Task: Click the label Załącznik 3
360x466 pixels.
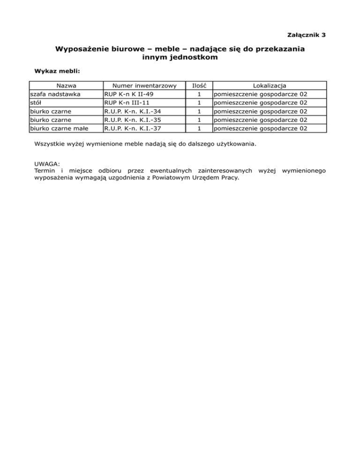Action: point(306,35)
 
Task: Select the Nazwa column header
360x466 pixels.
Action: point(66,86)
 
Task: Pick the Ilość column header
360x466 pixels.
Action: point(199,86)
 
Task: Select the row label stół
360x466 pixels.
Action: point(36,103)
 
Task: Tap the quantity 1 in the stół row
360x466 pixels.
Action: point(199,103)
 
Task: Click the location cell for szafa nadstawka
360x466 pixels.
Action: point(263,94)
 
